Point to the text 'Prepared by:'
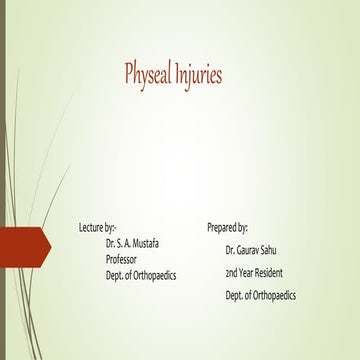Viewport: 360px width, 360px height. (x=228, y=228)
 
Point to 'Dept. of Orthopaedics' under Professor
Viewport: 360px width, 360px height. (x=140, y=274)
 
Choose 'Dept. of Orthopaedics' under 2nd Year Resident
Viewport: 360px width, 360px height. (x=261, y=295)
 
